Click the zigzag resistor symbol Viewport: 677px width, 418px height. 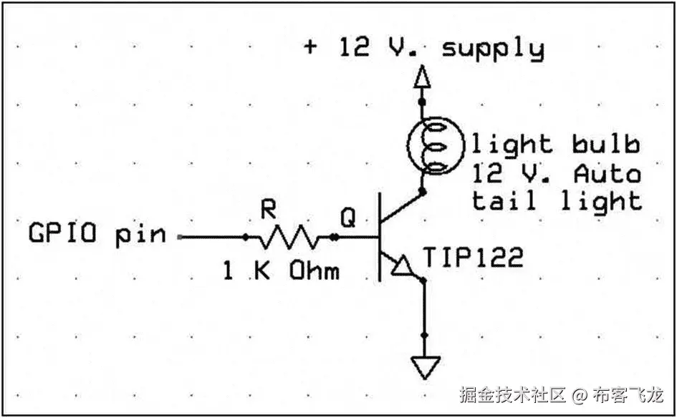(x=289, y=236)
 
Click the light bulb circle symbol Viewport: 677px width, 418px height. (x=436, y=149)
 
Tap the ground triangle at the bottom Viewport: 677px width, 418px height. (x=423, y=368)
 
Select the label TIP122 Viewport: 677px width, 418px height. (x=473, y=257)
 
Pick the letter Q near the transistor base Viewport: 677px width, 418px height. (x=347, y=218)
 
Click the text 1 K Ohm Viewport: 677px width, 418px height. (x=280, y=271)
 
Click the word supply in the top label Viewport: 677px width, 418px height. (x=493, y=49)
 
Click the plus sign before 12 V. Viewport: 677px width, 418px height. (x=310, y=48)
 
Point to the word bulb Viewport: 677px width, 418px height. (x=605, y=145)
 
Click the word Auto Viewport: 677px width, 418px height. (x=607, y=173)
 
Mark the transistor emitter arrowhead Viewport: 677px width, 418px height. (x=403, y=267)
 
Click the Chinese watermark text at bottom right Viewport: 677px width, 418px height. (x=561, y=394)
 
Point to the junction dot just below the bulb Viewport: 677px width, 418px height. (x=423, y=192)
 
